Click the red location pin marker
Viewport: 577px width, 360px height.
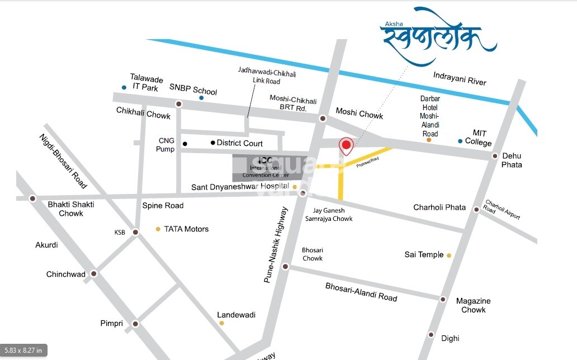click(x=346, y=146)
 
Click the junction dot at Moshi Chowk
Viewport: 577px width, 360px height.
click(x=323, y=119)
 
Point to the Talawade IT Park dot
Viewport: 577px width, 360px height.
click(x=124, y=87)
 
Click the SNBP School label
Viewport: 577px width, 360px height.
click(x=193, y=91)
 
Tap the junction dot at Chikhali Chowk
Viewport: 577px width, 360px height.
click(x=178, y=104)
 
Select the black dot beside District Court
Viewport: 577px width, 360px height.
click(x=212, y=143)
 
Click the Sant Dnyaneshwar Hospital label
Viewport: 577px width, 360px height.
click(x=240, y=187)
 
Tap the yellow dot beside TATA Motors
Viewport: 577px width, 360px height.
click(x=158, y=229)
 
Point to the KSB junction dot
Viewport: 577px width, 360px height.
click(x=135, y=232)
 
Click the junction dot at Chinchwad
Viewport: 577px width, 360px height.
click(x=94, y=274)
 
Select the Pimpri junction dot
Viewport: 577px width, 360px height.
click(x=135, y=324)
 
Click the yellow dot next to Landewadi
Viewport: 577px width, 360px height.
click(x=222, y=323)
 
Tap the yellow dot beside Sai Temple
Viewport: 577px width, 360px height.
click(x=448, y=255)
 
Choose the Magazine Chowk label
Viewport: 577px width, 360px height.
click(x=473, y=305)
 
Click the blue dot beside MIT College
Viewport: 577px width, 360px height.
click(x=460, y=141)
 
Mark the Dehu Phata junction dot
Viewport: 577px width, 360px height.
click(x=495, y=156)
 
